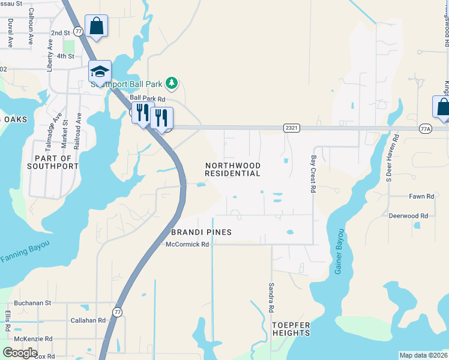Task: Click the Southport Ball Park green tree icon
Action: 172,83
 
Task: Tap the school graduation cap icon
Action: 100,72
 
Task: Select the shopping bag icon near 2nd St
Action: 96,26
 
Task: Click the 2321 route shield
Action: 292,128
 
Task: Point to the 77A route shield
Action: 425,128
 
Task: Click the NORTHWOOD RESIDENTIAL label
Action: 232,169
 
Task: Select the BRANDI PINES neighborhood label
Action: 201,232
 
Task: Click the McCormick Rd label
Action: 187,244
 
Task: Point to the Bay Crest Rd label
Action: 313,174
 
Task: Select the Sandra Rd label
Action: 271,298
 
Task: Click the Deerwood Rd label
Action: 408,215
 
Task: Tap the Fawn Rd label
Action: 421,196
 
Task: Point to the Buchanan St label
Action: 33,304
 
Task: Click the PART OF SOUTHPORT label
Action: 53,162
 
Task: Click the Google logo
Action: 20,353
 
